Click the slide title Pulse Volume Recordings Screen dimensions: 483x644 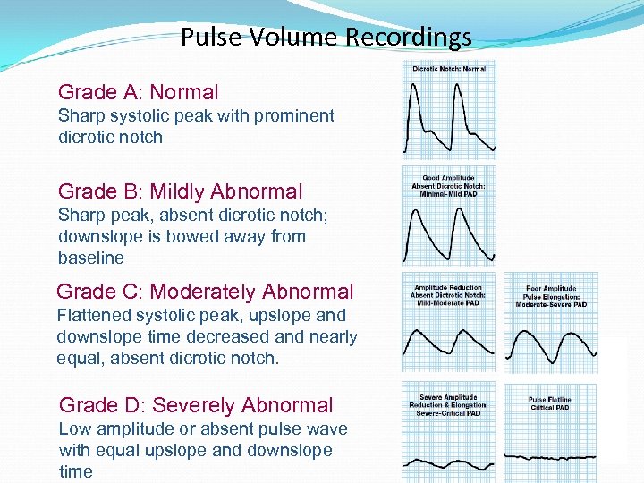(326, 38)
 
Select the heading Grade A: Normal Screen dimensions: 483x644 (138, 92)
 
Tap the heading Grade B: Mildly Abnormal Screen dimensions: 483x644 (180, 191)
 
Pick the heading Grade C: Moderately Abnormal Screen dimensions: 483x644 (205, 292)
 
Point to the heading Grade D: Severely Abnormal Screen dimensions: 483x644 (195, 405)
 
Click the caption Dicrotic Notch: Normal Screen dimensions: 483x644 (449, 69)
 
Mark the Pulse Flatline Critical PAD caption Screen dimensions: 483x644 (549, 403)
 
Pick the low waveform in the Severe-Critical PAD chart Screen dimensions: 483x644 (447, 462)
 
